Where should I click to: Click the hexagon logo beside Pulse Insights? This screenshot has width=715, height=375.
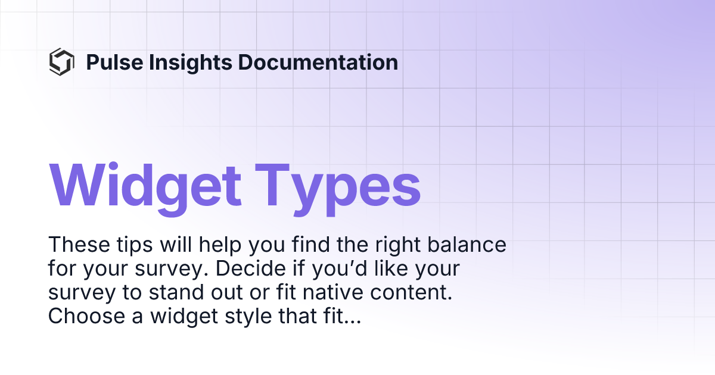coord(61,62)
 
